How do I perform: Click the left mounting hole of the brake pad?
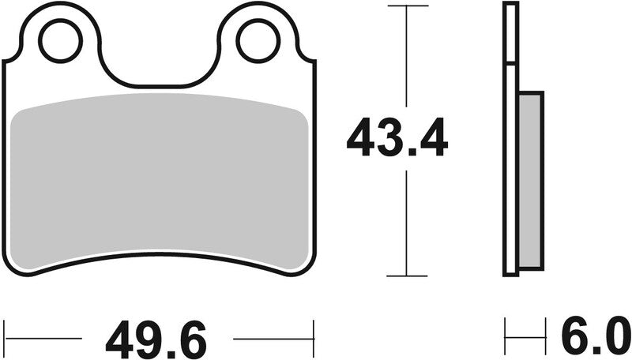tap(60, 42)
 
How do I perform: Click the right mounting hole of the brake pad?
tap(258, 42)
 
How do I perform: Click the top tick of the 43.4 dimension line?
tap(407, 6)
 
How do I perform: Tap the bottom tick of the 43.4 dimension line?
tap(407, 276)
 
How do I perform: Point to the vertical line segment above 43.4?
tap(407, 55)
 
